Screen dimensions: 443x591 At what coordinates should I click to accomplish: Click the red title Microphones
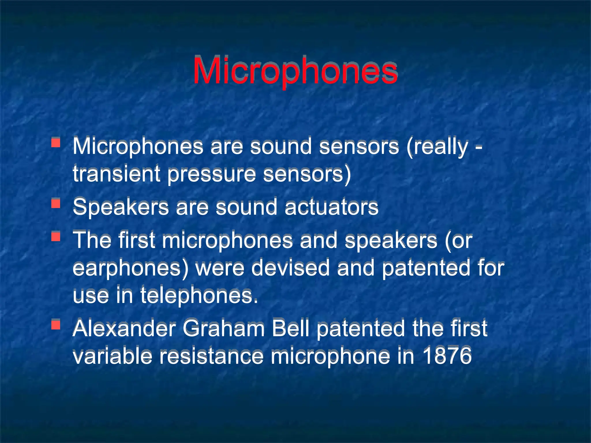(295, 71)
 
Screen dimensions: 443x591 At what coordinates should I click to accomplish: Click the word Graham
(223, 329)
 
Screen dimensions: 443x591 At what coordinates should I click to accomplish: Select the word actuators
(331, 207)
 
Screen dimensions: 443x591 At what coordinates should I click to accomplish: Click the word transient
(116, 174)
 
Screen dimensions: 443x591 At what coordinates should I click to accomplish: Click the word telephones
(199, 296)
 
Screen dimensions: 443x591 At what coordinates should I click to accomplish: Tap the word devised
(290, 268)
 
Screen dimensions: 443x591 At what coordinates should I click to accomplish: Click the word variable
(112, 356)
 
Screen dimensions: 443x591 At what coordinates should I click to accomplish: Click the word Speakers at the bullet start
(121, 207)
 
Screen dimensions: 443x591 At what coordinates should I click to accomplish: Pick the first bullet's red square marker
(56, 142)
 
